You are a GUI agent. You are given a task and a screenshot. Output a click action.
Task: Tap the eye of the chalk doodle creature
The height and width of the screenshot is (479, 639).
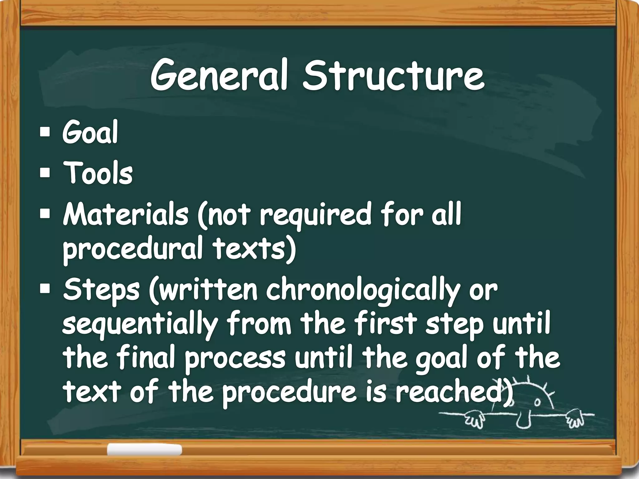point(538,402)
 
